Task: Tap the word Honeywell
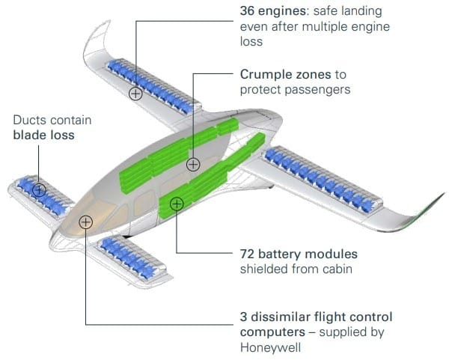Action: point(270,348)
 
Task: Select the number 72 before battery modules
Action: point(247,254)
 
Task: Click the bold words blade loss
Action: point(44,135)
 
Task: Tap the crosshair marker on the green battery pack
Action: point(177,204)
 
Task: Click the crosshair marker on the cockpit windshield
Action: point(85,222)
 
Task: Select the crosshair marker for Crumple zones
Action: point(193,165)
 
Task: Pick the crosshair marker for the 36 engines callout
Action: point(135,94)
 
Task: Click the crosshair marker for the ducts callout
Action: point(39,189)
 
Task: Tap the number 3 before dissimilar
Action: point(243,317)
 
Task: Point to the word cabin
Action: point(337,269)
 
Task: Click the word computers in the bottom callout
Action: point(272,332)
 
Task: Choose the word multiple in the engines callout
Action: point(325,27)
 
